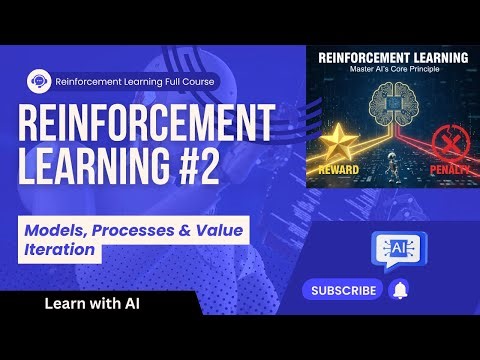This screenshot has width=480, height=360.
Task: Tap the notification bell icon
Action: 400,290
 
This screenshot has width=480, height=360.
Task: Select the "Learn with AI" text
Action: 89,302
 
